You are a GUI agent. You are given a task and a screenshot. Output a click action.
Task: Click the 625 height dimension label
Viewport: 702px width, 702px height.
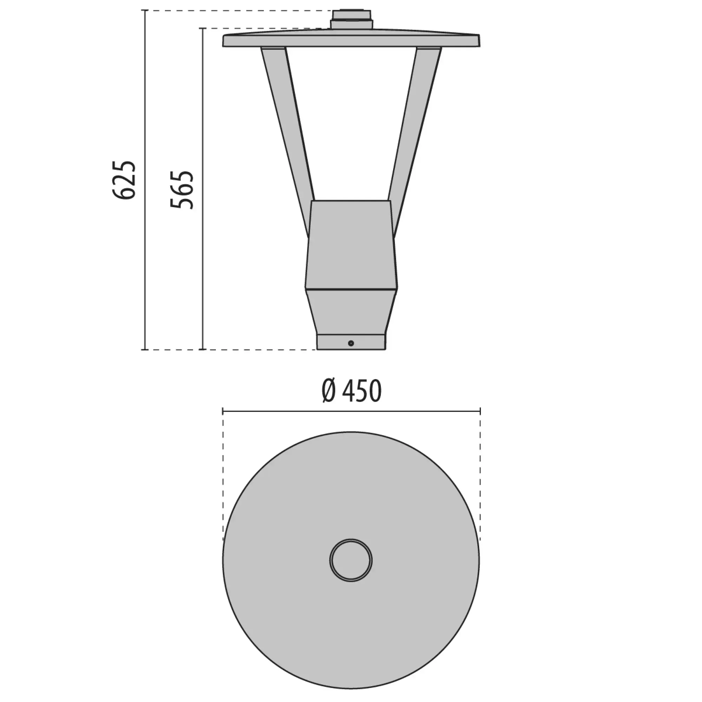click(124, 179)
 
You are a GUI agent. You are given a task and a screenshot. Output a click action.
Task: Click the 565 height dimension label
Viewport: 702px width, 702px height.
click(182, 190)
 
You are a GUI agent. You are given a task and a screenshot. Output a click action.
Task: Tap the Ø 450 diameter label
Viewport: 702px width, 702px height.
click(351, 391)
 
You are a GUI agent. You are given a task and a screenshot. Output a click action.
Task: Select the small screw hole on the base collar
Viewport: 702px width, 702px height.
click(351, 343)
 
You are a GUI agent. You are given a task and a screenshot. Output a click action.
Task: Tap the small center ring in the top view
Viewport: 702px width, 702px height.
click(351, 560)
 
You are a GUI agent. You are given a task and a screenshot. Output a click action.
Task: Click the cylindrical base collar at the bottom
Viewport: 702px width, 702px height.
click(351, 342)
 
